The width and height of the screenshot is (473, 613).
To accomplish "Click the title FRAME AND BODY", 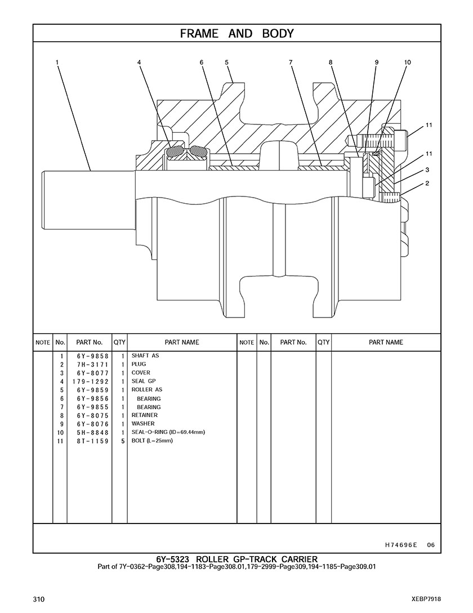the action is (x=236, y=34).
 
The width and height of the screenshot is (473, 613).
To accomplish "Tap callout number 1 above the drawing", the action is (x=57, y=62).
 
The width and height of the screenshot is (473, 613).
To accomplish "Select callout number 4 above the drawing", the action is (x=139, y=62).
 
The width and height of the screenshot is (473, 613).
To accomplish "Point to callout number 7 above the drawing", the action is (x=291, y=62).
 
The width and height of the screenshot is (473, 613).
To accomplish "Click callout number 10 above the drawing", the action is (x=408, y=62).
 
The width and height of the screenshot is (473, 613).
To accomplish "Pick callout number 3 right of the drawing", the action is (x=427, y=169).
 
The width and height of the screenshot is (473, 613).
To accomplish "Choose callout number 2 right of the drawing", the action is (x=427, y=183).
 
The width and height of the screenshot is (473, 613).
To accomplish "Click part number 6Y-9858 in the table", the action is (x=93, y=356).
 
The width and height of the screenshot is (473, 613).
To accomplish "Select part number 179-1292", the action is (x=90, y=382).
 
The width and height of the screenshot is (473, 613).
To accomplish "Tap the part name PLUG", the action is (x=139, y=364).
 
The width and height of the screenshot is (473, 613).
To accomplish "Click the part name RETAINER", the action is (x=144, y=415).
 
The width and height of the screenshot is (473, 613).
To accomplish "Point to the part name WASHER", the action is (x=143, y=423).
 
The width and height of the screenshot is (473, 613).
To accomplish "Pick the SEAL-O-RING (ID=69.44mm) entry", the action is (x=168, y=432).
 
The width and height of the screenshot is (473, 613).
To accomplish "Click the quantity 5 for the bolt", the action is (x=123, y=441).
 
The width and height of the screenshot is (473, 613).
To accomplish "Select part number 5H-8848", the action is (x=93, y=432).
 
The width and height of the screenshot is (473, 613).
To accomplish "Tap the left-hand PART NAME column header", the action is (x=182, y=342).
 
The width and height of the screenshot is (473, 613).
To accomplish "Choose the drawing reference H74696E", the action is (x=401, y=545).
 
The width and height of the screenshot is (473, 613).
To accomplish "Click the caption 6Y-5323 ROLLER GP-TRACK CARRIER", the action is (x=236, y=560).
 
